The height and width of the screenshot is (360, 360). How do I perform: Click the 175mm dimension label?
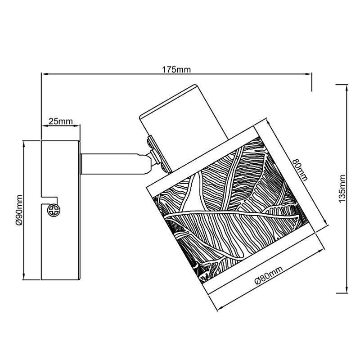[176, 69]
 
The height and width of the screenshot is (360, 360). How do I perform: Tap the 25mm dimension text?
[61, 121]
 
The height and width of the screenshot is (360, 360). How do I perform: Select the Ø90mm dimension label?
[19, 210]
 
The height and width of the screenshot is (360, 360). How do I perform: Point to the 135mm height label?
[342, 189]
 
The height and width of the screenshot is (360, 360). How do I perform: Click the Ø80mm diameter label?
[268, 275]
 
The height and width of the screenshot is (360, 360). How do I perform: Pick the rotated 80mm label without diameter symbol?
[300, 170]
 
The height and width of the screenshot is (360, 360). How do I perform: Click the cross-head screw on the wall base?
[53, 210]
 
